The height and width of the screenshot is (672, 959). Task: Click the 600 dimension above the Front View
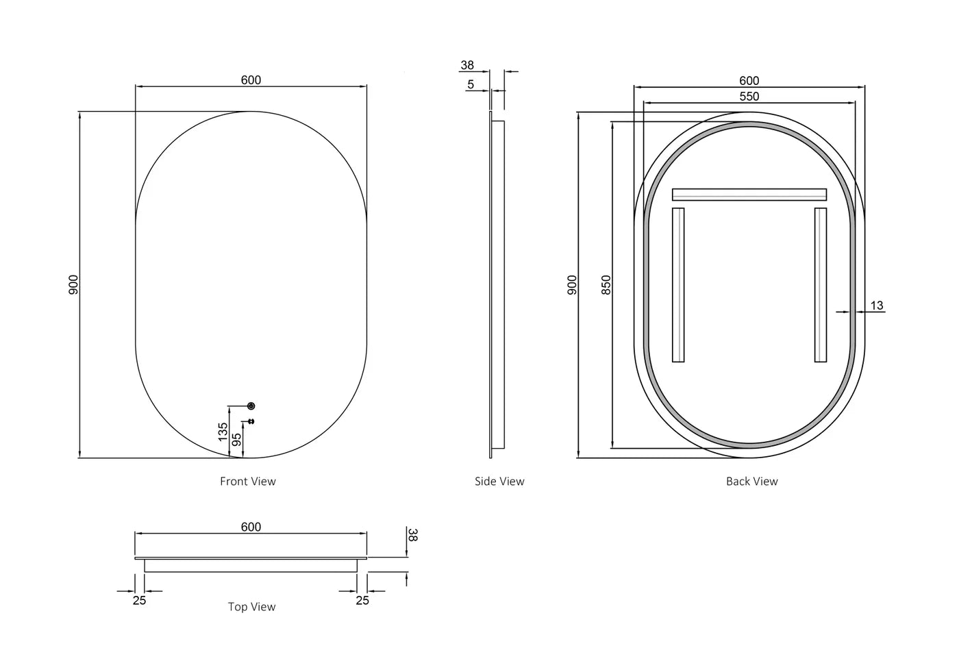coord(251,80)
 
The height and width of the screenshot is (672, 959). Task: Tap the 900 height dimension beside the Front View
coord(74,284)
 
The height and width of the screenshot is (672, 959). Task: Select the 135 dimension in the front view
coord(223,432)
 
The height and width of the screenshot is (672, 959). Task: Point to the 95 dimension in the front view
coord(237,440)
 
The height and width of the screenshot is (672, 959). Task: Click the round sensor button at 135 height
coord(251,406)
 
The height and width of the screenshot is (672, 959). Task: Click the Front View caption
coord(247,482)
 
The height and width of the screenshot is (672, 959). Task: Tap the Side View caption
coord(499,482)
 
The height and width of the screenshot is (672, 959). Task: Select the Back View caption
coord(751,482)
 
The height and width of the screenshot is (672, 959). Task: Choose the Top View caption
coord(251,607)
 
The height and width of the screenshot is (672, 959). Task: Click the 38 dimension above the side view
coord(467,66)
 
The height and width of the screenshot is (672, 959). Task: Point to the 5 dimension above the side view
coord(471,85)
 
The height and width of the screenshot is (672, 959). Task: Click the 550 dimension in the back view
coord(749,97)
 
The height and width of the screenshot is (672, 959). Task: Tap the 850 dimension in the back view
coord(606,285)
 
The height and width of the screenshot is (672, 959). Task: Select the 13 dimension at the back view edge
coord(877,306)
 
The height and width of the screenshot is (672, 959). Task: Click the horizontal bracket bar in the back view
coord(749,195)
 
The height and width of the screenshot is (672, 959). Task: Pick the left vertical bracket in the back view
coord(678,285)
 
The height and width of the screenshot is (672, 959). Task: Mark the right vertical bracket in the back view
coord(820,285)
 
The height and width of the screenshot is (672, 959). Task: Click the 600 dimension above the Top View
coord(251,527)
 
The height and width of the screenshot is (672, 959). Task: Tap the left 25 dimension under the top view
coord(139,601)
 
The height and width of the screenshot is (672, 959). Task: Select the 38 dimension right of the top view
coord(412,535)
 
